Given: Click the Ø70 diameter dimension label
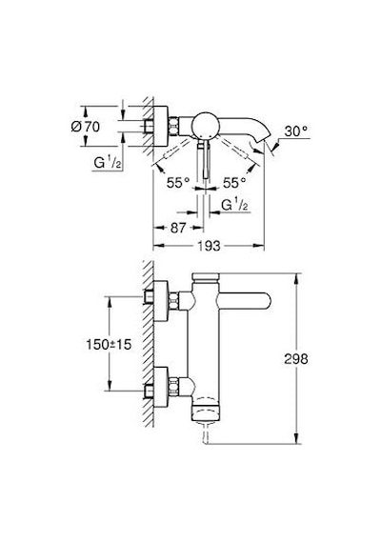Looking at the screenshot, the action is pyautogui.click(x=86, y=127).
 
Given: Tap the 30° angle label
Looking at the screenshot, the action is pyautogui.click(x=296, y=131).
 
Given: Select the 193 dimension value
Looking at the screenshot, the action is pyautogui.click(x=209, y=246).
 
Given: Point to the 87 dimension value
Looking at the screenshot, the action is pyautogui.click(x=178, y=228).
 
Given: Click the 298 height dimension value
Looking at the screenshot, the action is pyautogui.click(x=296, y=359).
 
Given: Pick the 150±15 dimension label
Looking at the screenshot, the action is pyautogui.click(x=109, y=344).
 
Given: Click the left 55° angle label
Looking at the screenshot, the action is pyautogui.click(x=178, y=183).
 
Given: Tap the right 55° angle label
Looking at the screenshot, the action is pyautogui.click(x=234, y=183).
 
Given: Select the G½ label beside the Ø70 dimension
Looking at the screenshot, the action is pyautogui.click(x=108, y=162).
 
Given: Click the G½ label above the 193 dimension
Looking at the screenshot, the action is pyautogui.click(x=234, y=205).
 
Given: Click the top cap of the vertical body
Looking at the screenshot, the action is pyautogui.click(x=206, y=277).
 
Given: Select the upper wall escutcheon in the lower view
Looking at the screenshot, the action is pyautogui.click(x=161, y=302).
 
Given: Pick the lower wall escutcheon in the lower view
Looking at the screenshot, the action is pyautogui.click(x=161, y=387).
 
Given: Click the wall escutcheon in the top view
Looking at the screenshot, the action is pyautogui.click(x=161, y=126).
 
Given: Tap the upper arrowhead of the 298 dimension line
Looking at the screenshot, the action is pyautogui.click(x=296, y=279).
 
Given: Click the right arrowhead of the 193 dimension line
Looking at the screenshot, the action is pyautogui.click(x=259, y=246).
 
